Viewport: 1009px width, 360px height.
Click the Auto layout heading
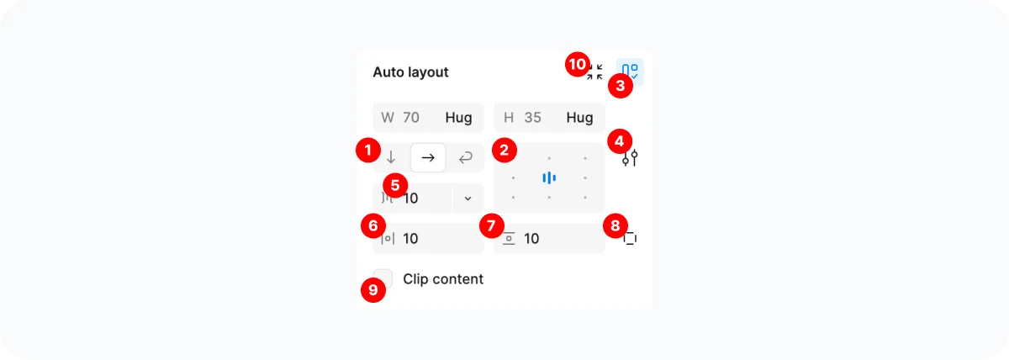pos(410,72)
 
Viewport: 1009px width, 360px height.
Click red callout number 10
pos(577,65)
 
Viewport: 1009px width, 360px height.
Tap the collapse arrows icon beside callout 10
pos(595,72)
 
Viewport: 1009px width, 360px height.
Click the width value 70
pos(411,118)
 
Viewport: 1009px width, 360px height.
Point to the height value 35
pos(533,118)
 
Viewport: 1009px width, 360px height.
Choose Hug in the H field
pos(579,118)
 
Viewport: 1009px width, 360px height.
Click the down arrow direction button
pos(391,157)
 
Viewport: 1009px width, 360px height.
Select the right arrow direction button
pos(428,157)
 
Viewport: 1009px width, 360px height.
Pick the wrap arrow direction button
pos(465,157)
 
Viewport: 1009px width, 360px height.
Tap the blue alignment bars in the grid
pos(549,177)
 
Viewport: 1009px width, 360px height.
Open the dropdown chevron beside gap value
pos(468,199)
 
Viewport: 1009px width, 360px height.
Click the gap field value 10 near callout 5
pos(411,199)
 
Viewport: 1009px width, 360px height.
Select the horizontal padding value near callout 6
pos(411,239)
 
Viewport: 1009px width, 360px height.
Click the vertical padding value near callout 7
pos(532,239)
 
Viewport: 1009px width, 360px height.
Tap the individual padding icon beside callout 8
pos(631,239)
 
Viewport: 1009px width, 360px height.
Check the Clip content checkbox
pos(383,278)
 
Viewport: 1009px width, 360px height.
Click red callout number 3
pos(620,85)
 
